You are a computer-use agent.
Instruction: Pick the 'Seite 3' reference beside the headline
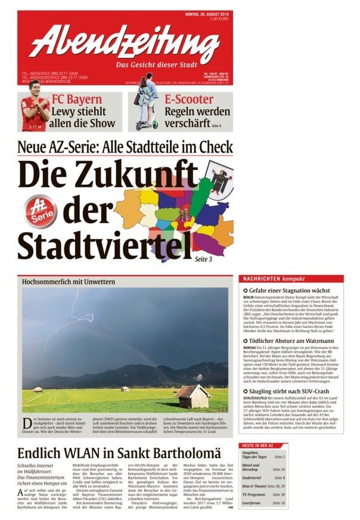coord(203,259)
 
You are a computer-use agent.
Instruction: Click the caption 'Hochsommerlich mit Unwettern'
coord(69,281)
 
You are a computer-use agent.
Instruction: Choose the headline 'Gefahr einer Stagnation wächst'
coord(288,290)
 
